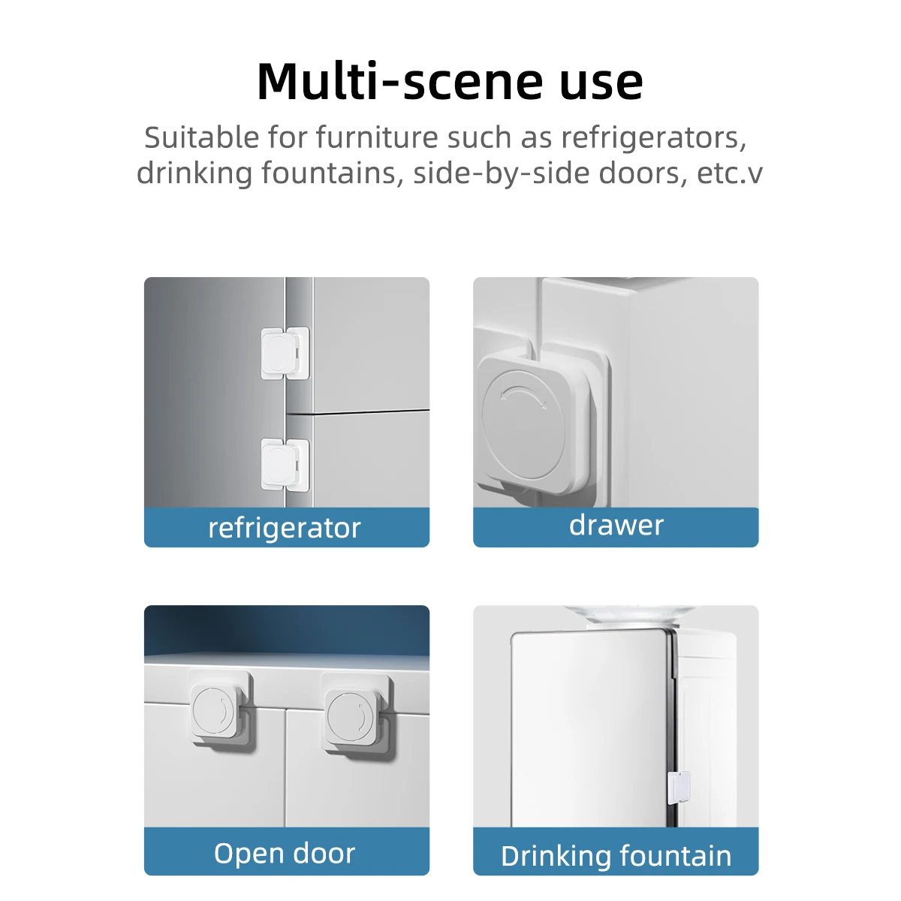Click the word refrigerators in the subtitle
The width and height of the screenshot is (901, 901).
tap(654, 137)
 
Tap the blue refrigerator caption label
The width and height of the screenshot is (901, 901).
tap(287, 527)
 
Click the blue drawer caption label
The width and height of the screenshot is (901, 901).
tap(616, 527)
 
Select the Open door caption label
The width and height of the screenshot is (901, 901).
tap(287, 854)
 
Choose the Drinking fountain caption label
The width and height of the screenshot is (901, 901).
tap(616, 854)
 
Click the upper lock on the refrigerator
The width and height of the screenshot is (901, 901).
tap(285, 353)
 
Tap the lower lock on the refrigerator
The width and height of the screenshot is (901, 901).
tap(285, 464)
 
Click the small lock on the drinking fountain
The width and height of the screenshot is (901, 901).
tap(679, 788)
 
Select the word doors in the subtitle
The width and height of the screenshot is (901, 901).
tap(643, 173)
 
